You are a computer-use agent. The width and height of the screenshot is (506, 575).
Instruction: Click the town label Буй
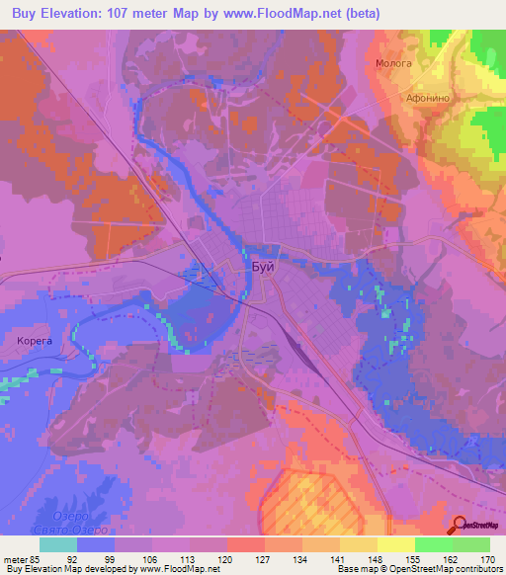pyautogui.click(x=263, y=267)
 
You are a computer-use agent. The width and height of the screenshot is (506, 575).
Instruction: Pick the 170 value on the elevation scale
pyautogui.click(x=487, y=559)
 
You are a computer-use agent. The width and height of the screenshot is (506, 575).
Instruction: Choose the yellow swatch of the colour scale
pyautogui.click(x=395, y=544)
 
